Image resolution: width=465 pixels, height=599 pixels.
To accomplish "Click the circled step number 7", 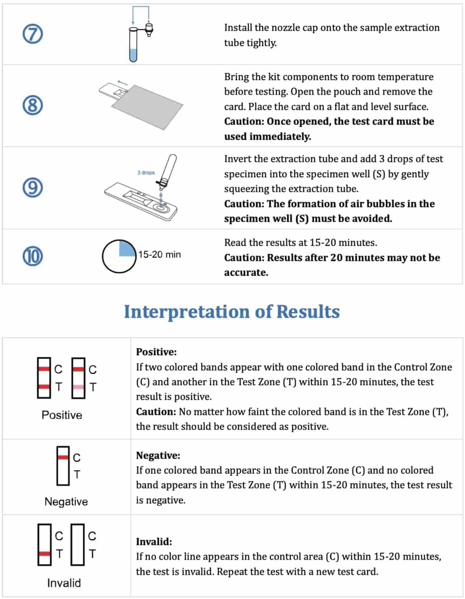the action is (x=33, y=34).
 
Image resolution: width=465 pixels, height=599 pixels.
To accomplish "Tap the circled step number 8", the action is (x=33, y=105).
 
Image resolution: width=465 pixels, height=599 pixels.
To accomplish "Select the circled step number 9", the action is (x=33, y=187).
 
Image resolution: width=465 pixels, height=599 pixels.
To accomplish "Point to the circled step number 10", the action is (x=33, y=256).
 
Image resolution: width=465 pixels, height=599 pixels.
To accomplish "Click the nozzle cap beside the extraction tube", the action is (x=148, y=30).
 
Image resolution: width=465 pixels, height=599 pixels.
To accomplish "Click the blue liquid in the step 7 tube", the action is (x=133, y=55).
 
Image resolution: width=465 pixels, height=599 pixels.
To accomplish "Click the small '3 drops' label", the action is (x=146, y=172).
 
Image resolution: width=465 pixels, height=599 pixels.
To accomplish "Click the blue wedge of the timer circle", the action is (x=127, y=248).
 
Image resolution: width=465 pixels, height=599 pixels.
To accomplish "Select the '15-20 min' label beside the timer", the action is (x=159, y=254).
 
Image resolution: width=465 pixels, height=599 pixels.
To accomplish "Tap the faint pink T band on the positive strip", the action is (x=78, y=387).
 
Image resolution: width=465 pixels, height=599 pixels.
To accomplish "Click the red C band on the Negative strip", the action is (x=63, y=457).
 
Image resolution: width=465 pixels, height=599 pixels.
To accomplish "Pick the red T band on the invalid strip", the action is (x=44, y=554).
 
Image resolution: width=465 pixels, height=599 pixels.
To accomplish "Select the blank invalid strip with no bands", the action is (x=77, y=544).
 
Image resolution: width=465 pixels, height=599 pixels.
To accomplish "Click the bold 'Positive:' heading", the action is (x=156, y=352).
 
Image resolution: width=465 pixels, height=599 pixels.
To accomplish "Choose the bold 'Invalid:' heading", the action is (x=154, y=542).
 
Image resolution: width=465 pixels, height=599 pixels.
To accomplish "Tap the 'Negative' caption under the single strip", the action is (x=66, y=501).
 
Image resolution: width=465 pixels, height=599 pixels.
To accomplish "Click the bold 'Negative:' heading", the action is (x=158, y=455).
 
